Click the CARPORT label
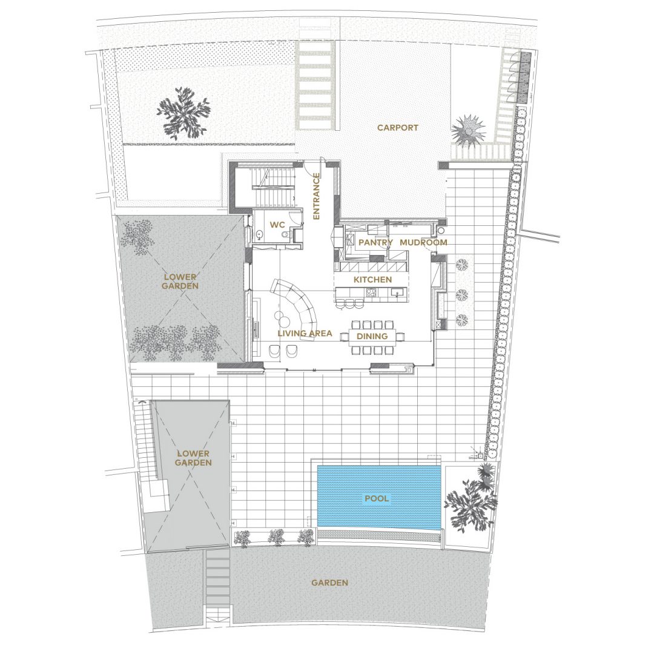397,128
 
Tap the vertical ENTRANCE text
316,196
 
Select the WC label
277,225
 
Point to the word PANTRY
376,242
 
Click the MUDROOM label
423,242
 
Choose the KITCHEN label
373,279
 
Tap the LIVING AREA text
305,333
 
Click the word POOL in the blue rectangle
377,498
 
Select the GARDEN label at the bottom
329,583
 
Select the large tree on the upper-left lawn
182,112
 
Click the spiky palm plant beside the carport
469,131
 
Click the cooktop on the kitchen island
371,293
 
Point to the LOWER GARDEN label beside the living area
180,282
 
